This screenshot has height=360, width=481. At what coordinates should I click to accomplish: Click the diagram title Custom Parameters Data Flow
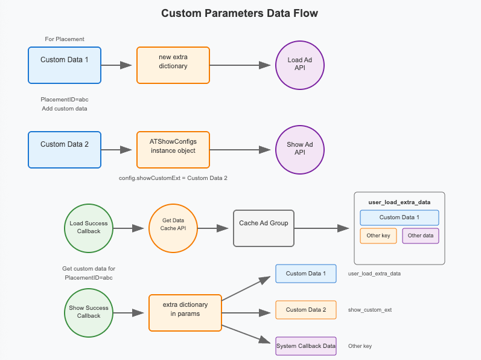(x=240, y=13)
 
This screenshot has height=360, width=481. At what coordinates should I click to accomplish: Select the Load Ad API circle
(x=300, y=65)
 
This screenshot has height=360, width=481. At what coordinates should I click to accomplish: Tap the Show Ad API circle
(x=300, y=150)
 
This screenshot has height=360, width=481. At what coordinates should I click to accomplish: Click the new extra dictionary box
(x=173, y=65)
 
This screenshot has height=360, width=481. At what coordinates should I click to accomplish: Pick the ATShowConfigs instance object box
(x=173, y=150)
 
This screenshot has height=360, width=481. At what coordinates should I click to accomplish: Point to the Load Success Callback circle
(x=89, y=228)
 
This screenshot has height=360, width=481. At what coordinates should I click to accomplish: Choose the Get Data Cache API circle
(x=173, y=228)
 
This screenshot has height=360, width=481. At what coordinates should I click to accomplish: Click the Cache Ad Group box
(x=264, y=228)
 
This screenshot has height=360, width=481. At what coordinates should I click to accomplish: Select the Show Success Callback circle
(x=89, y=313)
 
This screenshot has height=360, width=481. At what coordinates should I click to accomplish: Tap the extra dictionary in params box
(x=185, y=313)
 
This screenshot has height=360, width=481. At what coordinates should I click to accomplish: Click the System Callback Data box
(x=306, y=346)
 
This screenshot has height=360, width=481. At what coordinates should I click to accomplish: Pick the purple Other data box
(x=420, y=236)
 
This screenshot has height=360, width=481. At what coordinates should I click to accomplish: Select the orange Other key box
(x=378, y=236)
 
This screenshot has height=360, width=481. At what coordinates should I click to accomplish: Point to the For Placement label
(x=65, y=39)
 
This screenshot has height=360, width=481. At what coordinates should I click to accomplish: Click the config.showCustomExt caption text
(x=173, y=178)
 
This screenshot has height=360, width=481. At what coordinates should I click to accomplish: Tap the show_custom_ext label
(x=369, y=310)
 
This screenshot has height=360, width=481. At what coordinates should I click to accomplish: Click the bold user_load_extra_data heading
(x=400, y=202)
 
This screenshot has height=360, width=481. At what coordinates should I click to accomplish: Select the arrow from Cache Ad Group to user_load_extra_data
(x=322, y=228)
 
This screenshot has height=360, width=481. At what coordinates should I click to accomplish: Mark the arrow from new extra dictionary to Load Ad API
(x=240, y=65)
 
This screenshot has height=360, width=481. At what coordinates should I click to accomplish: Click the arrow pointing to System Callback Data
(x=246, y=334)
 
